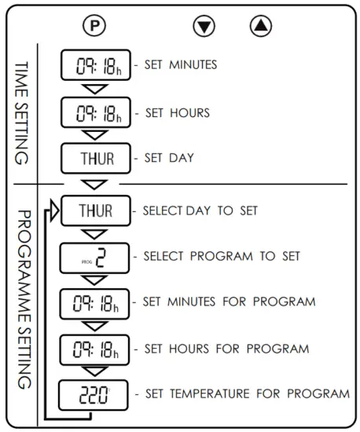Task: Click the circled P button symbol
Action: (94, 25)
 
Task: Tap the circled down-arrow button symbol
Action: (204, 26)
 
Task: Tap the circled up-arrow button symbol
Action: (260, 25)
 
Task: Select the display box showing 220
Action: (96, 394)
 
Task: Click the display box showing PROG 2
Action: (96, 257)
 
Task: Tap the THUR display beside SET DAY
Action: (96, 158)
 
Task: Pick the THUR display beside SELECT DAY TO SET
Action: (96, 211)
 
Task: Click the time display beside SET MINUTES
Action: (96, 64)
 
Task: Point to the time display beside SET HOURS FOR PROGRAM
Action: (96, 348)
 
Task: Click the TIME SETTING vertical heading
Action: (23, 112)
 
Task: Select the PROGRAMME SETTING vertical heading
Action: (23, 298)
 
